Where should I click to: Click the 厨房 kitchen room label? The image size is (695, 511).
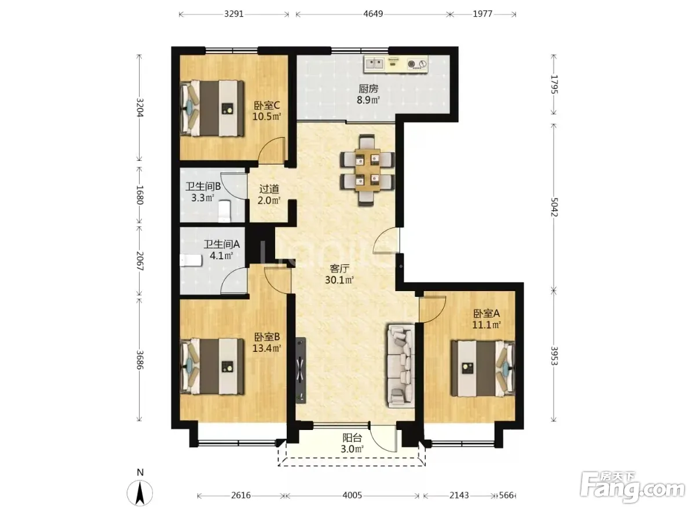(368, 89)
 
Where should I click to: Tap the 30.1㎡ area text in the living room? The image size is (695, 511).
(339, 280)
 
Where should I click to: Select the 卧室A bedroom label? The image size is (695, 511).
(486, 314)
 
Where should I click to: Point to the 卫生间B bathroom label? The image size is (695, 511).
(203, 186)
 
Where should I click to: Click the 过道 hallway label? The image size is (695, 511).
(269, 189)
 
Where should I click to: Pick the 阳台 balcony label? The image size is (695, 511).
(352, 438)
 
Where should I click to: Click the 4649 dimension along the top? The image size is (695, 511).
(373, 14)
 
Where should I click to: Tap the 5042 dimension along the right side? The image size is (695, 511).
(554, 207)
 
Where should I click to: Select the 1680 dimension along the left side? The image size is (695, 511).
(140, 195)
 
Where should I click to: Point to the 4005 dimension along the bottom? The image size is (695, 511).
(352, 495)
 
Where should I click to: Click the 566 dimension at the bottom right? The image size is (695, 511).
(506, 495)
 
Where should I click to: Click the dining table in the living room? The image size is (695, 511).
(367, 170)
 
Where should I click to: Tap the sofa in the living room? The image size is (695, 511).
(401, 366)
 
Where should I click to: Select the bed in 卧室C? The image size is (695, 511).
(212, 108)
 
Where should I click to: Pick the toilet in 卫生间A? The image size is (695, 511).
(191, 261)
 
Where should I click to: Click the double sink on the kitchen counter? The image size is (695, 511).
(375, 64)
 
